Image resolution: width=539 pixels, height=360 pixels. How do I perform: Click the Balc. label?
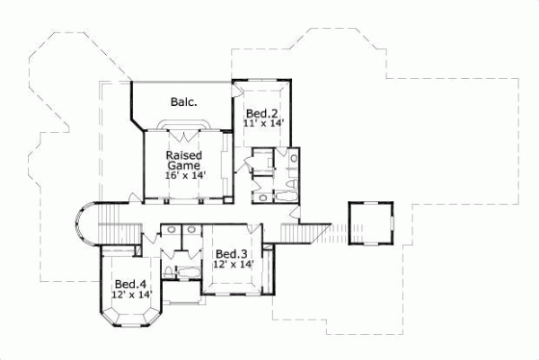pos(184,101)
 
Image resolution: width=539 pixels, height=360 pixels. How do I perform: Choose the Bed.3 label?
pos(231,254)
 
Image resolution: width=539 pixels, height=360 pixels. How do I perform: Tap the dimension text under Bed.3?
pos(232,265)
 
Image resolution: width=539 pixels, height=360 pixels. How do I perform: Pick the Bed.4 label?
pos(130,283)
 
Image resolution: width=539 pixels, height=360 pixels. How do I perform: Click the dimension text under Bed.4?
pos(131,294)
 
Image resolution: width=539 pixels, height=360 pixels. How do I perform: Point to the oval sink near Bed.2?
pos(294,159)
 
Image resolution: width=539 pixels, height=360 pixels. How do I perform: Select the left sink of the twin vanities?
pos(171,231)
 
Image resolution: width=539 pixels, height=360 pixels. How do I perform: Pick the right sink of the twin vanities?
pos(190,231)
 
